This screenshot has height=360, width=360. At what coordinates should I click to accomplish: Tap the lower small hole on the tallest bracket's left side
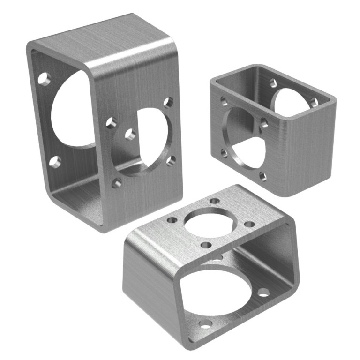[55, 163]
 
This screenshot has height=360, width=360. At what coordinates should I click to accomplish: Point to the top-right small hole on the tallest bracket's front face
[168, 103]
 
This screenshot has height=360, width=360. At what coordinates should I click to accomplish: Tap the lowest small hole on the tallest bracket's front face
[115, 183]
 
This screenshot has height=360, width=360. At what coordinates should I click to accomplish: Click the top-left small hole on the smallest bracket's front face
[224, 100]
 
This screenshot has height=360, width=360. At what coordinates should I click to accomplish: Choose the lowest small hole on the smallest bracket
[262, 177]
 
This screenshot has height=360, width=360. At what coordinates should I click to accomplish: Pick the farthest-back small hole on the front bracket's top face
[215, 201]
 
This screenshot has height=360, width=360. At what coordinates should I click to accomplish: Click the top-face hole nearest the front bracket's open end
[205, 245]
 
